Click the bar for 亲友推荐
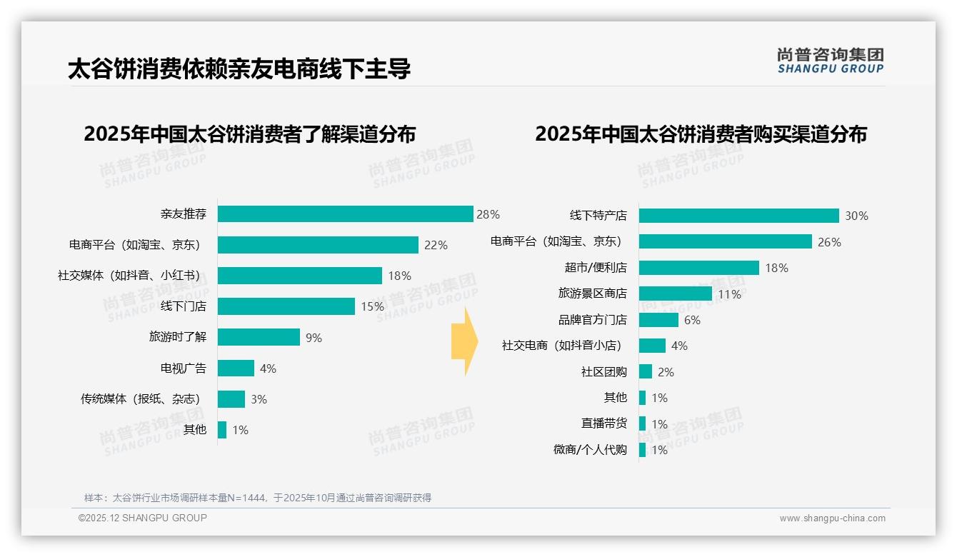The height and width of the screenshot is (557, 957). (345, 214)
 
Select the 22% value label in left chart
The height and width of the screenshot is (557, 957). (436, 245)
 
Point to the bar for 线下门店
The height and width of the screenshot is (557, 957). (286, 306)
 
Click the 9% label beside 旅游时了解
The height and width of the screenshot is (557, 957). (314, 338)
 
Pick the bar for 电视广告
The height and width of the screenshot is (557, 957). (236, 368)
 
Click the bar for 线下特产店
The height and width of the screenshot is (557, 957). (738, 216)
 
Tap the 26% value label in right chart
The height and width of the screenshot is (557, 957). (829, 242)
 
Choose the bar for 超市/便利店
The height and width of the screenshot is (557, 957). (698, 268)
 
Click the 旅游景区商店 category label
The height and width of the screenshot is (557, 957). (592, 293)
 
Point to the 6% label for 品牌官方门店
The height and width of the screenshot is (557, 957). (692, 320)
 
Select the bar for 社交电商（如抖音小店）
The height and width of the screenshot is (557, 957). (652, 346)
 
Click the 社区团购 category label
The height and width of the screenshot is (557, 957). (603, 372)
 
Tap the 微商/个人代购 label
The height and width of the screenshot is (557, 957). (590, 450)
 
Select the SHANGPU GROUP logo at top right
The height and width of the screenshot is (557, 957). (830, 61)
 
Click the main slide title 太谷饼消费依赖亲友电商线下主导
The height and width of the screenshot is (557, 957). (239, 69)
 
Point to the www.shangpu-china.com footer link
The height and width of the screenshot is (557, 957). (832, 518)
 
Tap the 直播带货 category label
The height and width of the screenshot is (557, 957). (603, 423)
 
